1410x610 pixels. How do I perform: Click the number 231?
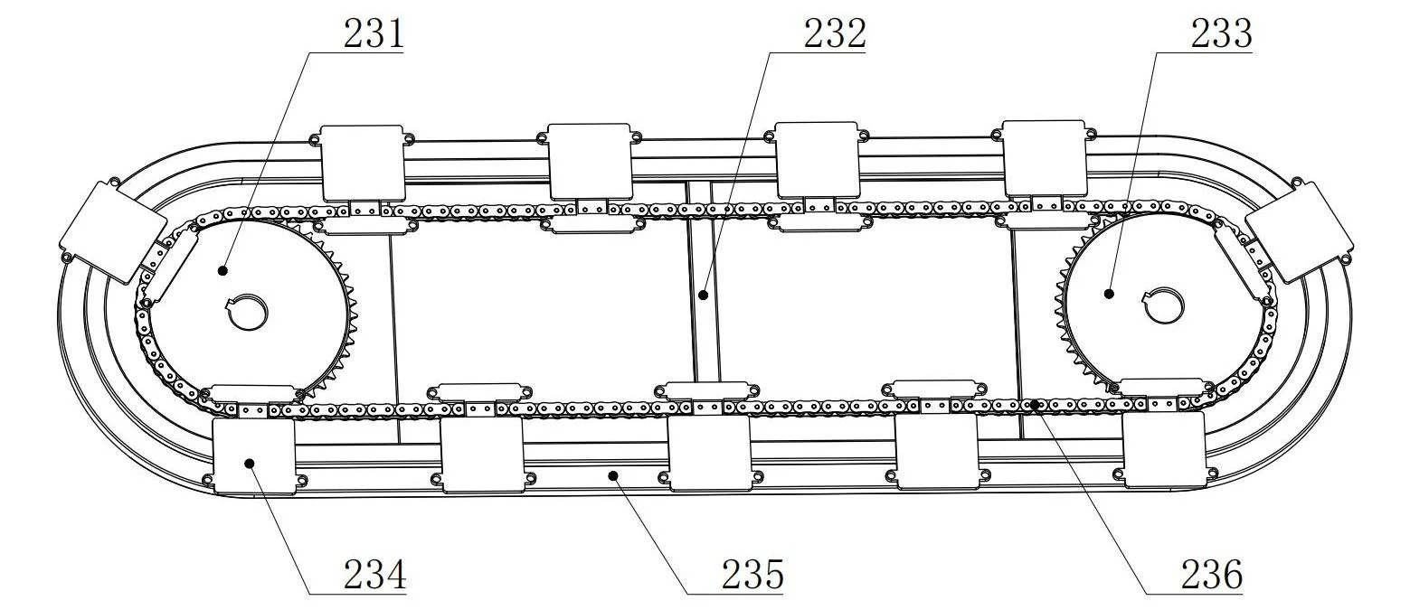[372, 34]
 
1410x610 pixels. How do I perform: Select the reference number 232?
[834, 34]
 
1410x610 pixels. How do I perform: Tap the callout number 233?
[1221, 34]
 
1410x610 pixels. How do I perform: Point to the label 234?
[374, 575]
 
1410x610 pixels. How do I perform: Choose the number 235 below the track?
[752, 575]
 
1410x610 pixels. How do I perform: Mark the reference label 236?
[1210, 575]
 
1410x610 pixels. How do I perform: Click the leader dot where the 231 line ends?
[222, 269]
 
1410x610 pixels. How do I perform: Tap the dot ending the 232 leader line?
[704, 295]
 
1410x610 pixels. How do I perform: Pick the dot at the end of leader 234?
[251, 463]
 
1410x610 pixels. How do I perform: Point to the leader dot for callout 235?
[612, 473]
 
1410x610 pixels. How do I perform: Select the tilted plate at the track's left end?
[112, 230]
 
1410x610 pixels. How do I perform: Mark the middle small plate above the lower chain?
[706, 390]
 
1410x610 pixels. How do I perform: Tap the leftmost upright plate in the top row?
[363, 162]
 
